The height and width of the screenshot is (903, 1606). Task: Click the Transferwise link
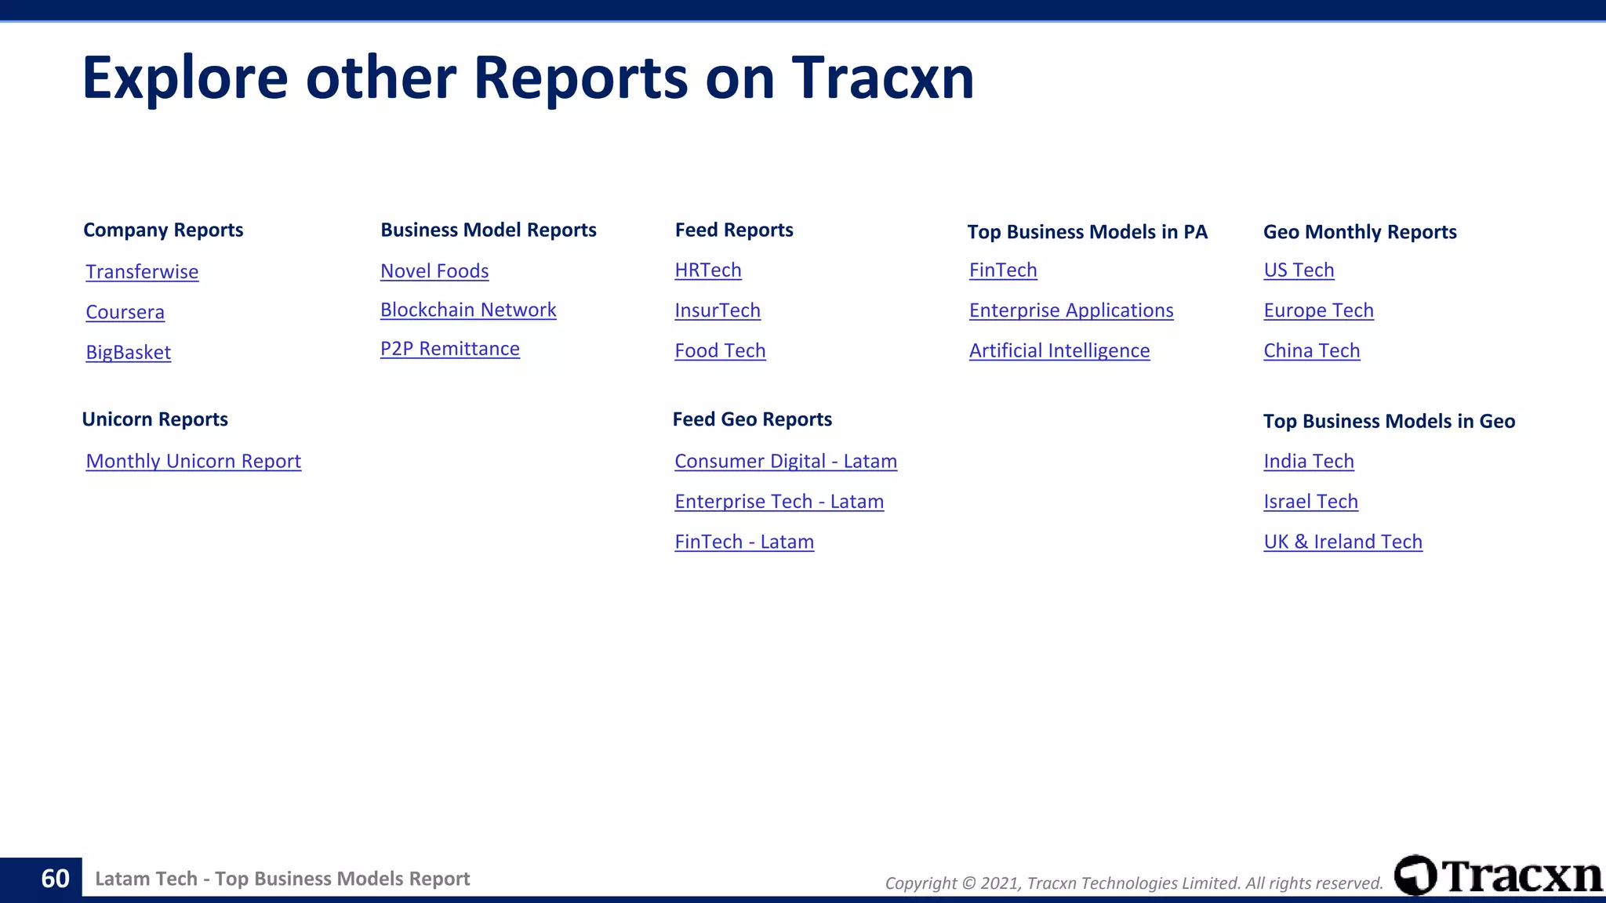[142, 272]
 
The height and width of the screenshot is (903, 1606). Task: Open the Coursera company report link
[125, 312]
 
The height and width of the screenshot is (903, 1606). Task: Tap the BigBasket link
[129, 352]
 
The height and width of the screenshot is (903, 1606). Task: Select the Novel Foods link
[434, 271]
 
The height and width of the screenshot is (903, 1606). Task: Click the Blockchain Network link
[468, 310]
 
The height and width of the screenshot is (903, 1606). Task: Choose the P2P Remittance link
[450, 349]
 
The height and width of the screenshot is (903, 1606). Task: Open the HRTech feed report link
[708, 270]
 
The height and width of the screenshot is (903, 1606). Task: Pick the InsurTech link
[718, 310]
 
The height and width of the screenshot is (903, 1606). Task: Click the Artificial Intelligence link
[1059, 350]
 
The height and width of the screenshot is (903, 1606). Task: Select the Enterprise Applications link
[1071, 310]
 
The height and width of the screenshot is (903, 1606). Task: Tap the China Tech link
[1312, 350]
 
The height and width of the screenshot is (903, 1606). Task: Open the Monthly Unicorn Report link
[194, 461]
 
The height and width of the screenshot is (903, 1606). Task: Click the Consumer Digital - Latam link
[786, 461]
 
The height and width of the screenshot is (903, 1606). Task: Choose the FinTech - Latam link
[744, 542]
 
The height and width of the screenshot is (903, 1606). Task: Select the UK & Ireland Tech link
[1343, 542]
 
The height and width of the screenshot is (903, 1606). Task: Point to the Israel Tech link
[1310, 502]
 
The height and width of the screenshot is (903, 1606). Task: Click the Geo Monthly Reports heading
[1360, 232]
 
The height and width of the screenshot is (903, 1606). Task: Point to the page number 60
[55, 879]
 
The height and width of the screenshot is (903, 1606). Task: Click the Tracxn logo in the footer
[1498, 876]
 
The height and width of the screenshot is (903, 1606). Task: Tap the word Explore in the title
[185, 78]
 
